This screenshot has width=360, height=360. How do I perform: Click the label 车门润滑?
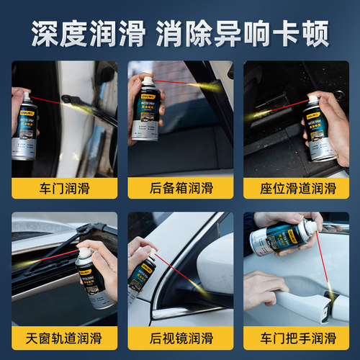point(64,189)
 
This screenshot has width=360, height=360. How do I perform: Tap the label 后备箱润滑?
point(179,189)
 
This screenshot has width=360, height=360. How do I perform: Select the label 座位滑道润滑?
point(297,189)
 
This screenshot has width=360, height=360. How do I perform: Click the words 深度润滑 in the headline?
point(87,32)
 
